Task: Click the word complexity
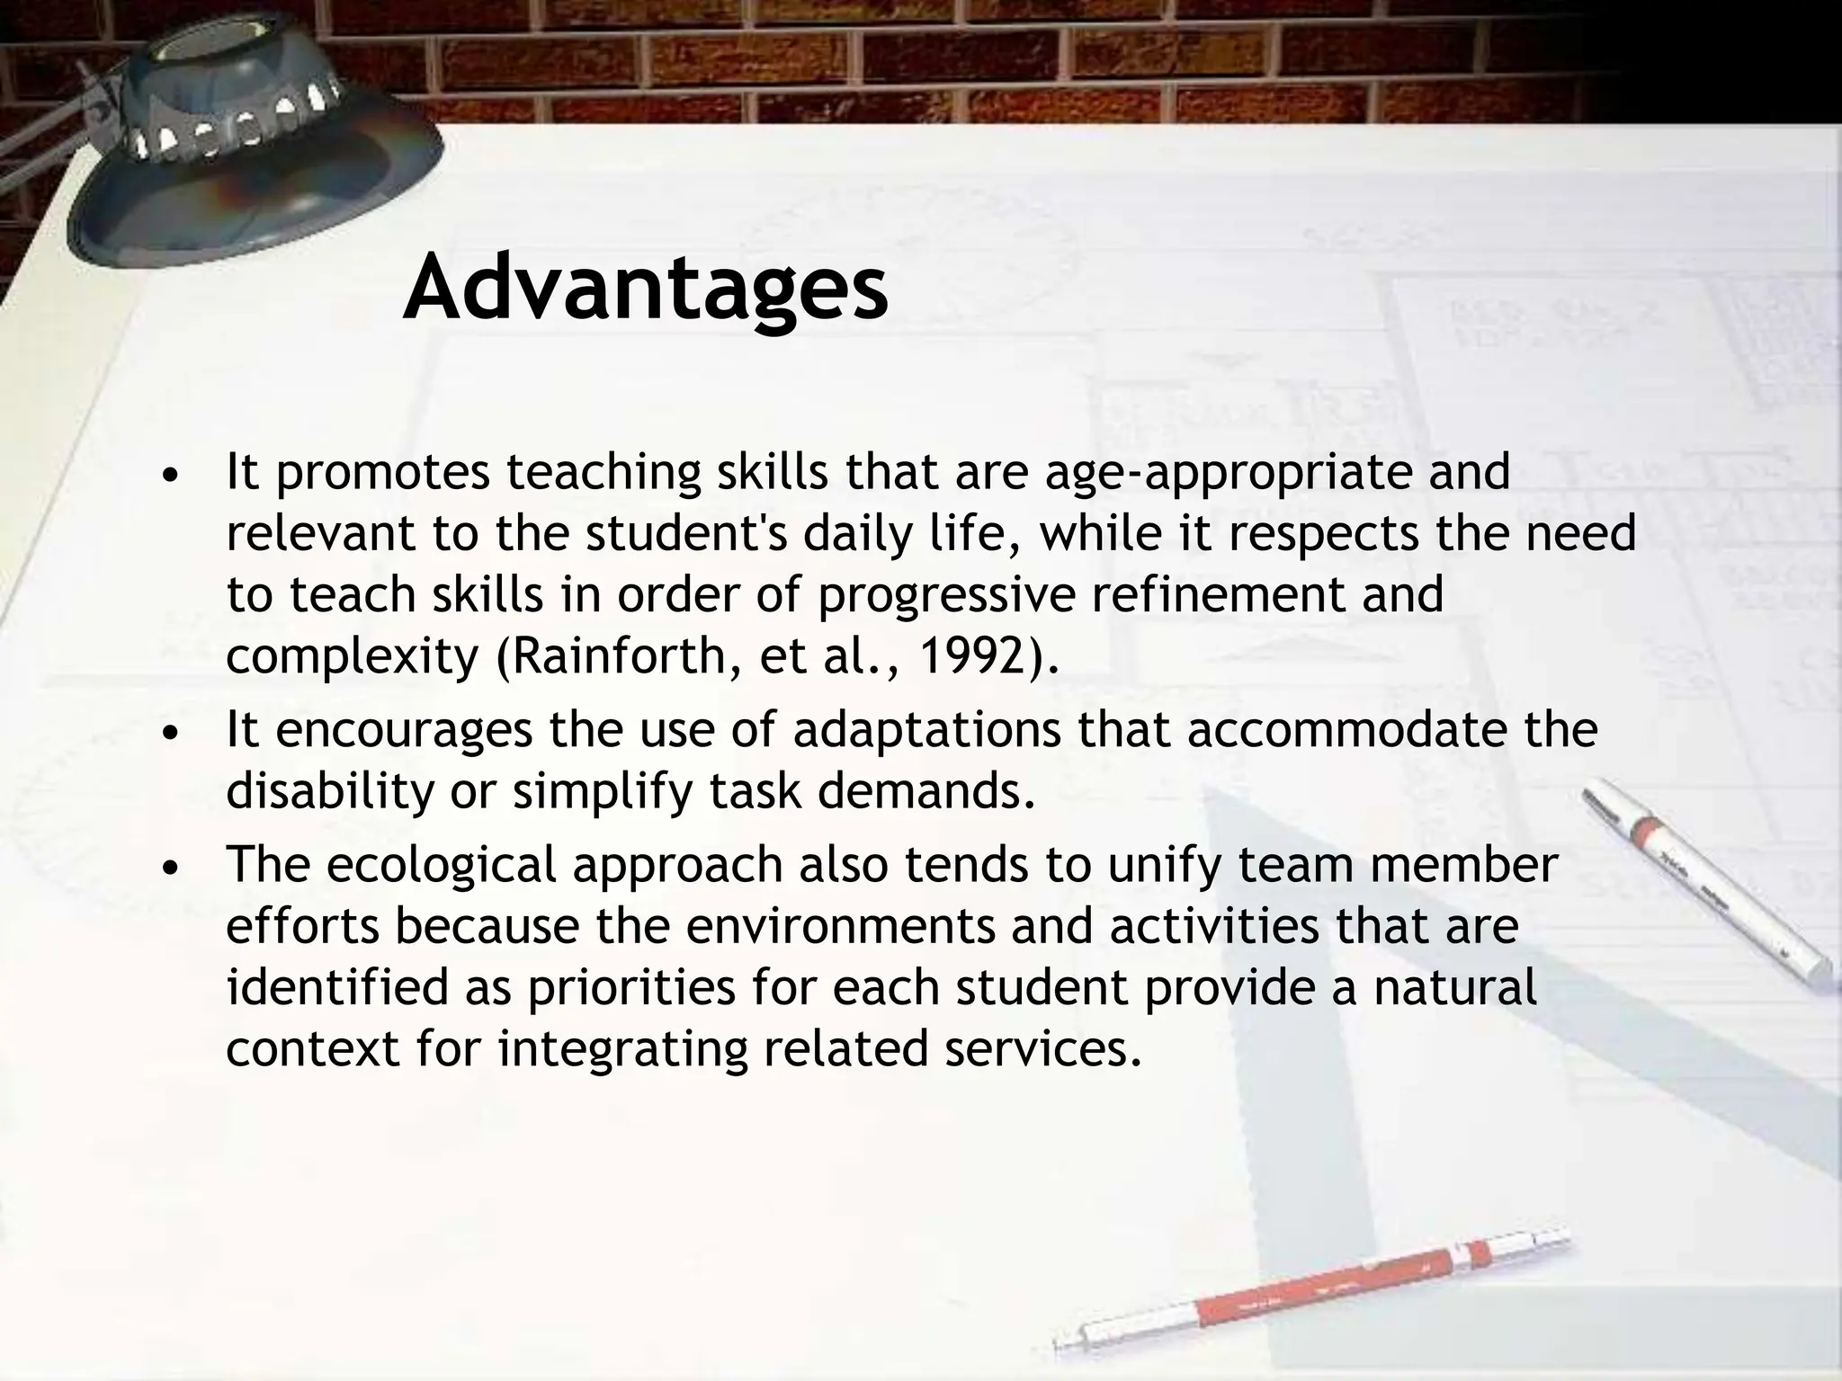352,657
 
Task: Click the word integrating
622,1049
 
